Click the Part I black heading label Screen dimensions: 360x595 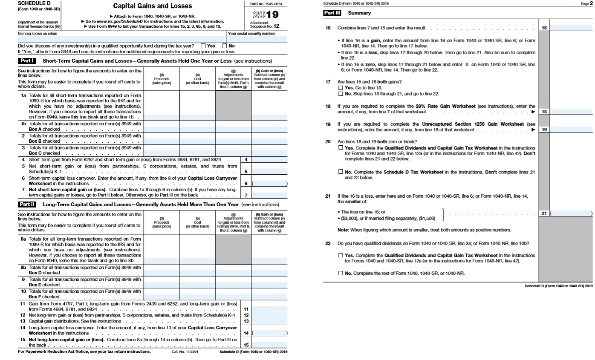26,61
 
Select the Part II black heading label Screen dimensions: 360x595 26,204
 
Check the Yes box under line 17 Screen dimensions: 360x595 340,87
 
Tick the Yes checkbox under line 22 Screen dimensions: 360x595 340,255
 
